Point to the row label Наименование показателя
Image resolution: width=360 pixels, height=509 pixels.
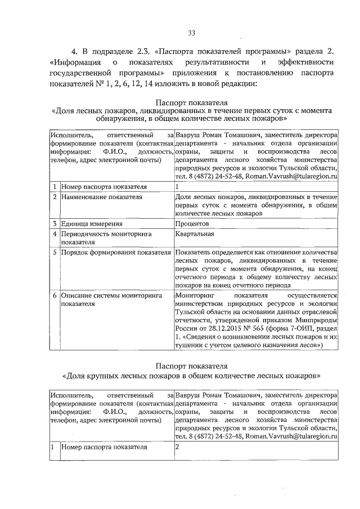tap(94, 197)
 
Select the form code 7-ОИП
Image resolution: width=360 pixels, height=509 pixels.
tap(301, 327)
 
